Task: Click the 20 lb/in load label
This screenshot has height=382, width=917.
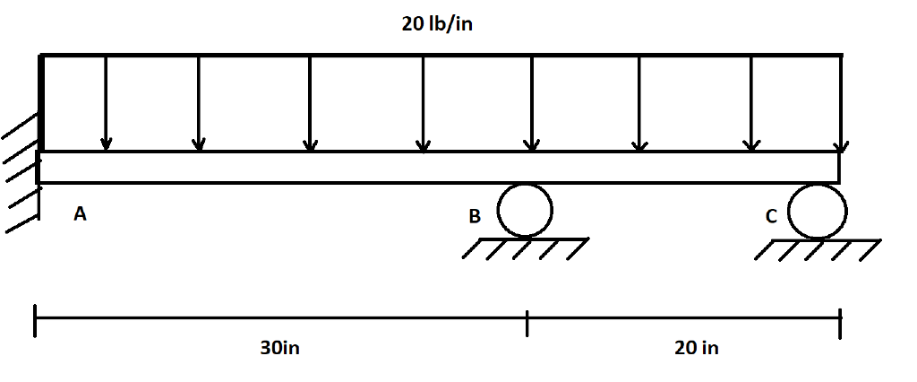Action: click(x=437, y=24)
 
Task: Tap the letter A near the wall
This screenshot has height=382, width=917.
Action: click(x=81, y=214)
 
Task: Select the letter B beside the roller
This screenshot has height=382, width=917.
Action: click(x=475, y=216)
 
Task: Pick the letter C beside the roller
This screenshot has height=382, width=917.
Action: click(x=771, y=216)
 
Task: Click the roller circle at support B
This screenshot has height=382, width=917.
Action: click(x=525, y=210)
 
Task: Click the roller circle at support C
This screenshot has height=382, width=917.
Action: click(x=818, y=211)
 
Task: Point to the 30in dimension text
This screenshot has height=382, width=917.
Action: click(x=280, y=348)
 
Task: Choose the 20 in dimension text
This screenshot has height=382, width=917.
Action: click(x=696, y=348)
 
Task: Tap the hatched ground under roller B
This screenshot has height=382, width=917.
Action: click(x=527, y=247)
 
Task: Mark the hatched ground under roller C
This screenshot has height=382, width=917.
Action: click(x=818, y=249)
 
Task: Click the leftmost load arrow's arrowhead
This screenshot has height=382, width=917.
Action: click(x=107, y=143)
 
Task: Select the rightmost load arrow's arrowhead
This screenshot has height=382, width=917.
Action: click(x=840, y=145)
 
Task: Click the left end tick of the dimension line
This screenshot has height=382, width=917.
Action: click(x=36, y=321)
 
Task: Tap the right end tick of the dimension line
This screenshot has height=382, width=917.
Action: click(x=840, y=324)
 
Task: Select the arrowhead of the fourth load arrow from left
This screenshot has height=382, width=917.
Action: click(x=424, y=144)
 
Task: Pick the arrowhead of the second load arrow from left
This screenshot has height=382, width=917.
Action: click(x=199, y=143)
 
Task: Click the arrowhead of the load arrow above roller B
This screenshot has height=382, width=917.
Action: click(x=532, y=144)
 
